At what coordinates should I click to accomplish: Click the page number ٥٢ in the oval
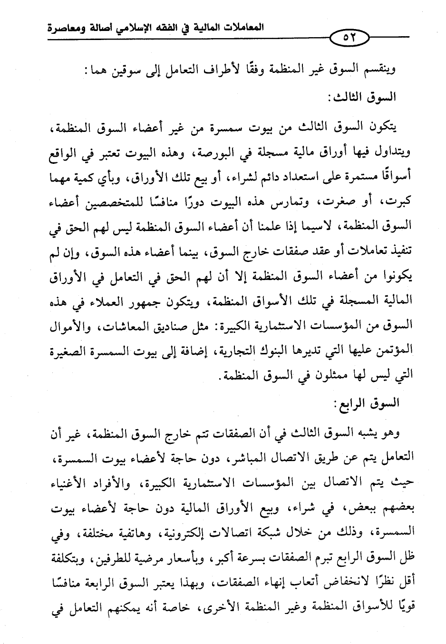351,36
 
